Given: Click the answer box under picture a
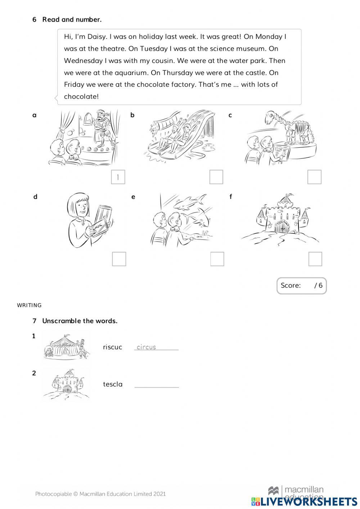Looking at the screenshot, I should (118, 177).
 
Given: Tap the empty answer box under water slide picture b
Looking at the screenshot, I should (216, 177).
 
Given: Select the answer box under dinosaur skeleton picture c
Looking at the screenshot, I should (314, 177).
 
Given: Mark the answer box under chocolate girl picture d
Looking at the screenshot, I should (119, 259).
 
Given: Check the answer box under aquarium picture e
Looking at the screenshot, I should (217, 259).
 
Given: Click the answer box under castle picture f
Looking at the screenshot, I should (315, 259).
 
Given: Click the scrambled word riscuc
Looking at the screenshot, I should (112, 347).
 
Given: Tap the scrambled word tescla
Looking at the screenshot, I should (113, 384).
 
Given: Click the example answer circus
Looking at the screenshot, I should (146, 347).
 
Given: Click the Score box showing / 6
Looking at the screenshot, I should (301, 286).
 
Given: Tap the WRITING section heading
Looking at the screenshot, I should (30, 305).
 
